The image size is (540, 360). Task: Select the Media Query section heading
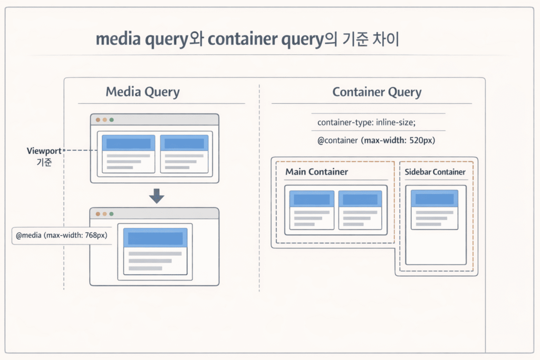click(142, 92)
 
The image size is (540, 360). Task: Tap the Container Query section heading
click(377, 93)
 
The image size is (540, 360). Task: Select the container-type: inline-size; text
click(367, 122)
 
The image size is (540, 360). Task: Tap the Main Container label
click(316, 172)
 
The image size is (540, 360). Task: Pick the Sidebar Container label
click(435, 172)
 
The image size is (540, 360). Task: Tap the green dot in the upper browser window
click(111, 120)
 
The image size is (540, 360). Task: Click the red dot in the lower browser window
click(98, 214)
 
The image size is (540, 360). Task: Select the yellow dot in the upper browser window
click(104, 120)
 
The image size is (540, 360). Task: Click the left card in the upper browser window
click(128, 154)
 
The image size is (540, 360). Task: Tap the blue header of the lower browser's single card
click(156, 238)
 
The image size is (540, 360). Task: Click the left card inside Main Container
click(312, 210)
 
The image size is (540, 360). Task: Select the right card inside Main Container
click(360, 210)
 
